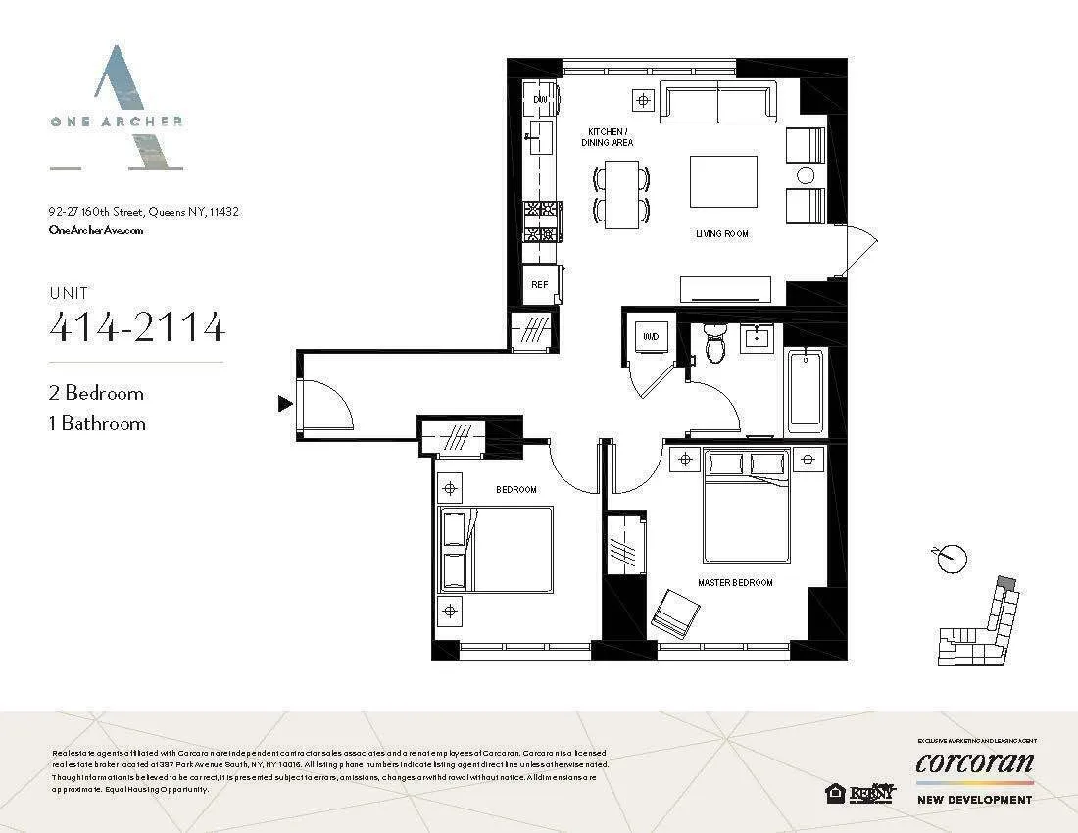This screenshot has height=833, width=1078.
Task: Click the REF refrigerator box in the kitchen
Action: [540, 284]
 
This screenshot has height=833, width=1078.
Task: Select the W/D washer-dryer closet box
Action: [650, 336]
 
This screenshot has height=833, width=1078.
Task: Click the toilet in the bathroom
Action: [715, 343]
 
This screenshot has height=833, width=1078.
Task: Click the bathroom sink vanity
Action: [758, 340]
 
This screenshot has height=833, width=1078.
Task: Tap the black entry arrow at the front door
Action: [285, 403]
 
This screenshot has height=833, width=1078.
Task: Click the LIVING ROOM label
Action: [722, 234]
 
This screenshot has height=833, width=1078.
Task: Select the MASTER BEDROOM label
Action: [735, 583]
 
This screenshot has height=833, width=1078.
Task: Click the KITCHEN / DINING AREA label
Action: [610, 136]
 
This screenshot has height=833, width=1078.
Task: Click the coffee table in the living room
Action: [723, 181]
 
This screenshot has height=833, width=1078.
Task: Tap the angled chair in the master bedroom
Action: [676, 612]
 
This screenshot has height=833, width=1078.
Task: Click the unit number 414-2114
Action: [137, 327]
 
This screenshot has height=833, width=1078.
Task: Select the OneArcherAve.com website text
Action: [96, 229]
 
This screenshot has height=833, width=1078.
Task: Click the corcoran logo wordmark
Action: [974, 762]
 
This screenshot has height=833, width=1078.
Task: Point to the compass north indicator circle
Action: [951, 559]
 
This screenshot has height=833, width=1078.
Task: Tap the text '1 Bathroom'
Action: [97, 423]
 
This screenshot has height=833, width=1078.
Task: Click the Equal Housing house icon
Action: [836, 793]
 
